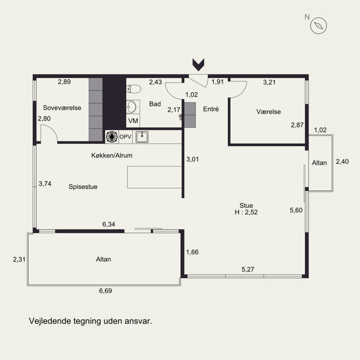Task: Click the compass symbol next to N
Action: coord(319,26)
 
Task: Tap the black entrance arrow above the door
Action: coord(198,65)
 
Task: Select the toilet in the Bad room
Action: coord(133,89)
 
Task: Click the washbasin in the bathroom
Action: coord(131,107)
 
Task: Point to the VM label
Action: coord(133,121)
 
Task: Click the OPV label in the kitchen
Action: coord(126,137)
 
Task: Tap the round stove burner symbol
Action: coord(112,137)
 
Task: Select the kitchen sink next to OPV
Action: coord(142,137)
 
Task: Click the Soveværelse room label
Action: coord(62,108)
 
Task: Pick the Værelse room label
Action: coord(268,112)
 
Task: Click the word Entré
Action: coord(211,109)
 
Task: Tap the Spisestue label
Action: coord(83,187)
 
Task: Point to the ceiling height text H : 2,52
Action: coord(246,212)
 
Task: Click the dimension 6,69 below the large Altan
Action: coord(105,291)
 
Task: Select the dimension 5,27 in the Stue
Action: coord(248,269)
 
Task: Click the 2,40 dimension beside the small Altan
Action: coord(342,162)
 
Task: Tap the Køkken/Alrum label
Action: coord(112,155)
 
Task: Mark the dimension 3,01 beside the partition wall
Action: coord(193,159)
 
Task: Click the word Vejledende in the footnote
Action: coord(49,321)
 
